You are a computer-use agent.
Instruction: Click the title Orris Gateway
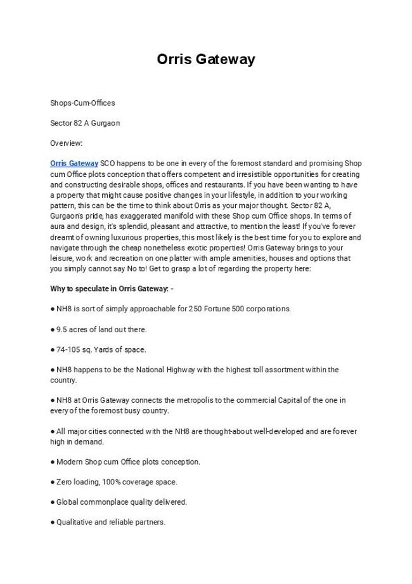click(206, 60)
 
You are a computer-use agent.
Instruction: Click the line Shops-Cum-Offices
click(82, 103)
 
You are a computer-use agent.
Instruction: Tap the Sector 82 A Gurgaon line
click(85, 123)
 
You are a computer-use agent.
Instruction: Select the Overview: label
click(67, 143)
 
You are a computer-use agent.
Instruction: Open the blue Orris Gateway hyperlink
click(74, 164)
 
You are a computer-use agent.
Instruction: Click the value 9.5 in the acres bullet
click(62, 329)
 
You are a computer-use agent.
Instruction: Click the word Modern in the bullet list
click(68, 462)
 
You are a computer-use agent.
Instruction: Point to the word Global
click(67, 502)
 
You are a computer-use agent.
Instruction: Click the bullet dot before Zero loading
click(53, 482)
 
